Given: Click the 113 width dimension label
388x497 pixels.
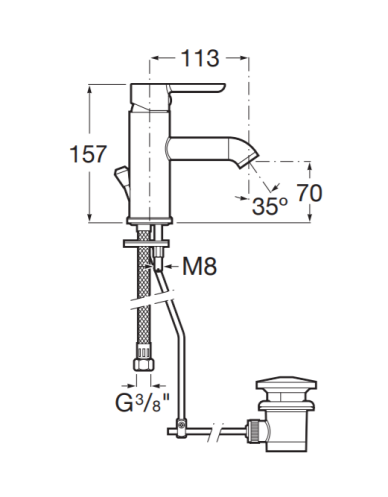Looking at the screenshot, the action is (201, 58).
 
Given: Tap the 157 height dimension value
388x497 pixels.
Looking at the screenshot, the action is (89, 154).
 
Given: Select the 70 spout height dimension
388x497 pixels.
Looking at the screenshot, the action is (309, 193).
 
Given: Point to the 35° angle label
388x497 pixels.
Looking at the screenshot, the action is (269, 206).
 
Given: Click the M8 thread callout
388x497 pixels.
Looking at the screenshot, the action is (200, 266).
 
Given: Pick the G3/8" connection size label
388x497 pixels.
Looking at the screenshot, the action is (143, 402).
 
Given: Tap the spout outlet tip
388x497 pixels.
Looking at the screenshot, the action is (252, 159).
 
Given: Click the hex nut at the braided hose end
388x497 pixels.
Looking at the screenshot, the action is (144, 365).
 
